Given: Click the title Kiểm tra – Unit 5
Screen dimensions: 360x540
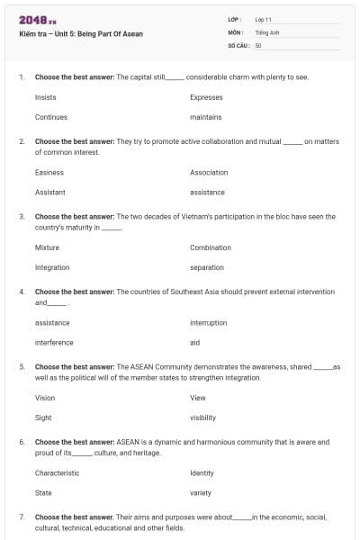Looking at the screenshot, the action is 80,34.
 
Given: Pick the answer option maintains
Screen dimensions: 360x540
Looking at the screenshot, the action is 206,117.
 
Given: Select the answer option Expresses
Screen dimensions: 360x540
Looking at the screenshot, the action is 207,96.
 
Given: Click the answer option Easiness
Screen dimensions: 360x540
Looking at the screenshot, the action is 49,172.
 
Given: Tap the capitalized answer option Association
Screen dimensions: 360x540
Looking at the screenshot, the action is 209,172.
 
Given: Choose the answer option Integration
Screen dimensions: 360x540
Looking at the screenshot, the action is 52,267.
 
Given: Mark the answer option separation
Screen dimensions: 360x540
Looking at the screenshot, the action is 207,267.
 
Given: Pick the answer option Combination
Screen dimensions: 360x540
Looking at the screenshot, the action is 211,247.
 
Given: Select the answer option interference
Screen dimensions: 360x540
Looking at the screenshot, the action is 54,342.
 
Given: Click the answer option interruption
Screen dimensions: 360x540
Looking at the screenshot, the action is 208,322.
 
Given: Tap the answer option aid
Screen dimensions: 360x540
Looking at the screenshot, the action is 194,342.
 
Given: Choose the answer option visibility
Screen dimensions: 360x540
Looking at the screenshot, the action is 202,418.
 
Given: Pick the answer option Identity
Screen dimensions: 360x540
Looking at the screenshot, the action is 202,472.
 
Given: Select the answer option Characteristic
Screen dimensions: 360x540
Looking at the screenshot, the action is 57,472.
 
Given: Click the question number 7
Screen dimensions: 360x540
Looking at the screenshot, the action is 21,517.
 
